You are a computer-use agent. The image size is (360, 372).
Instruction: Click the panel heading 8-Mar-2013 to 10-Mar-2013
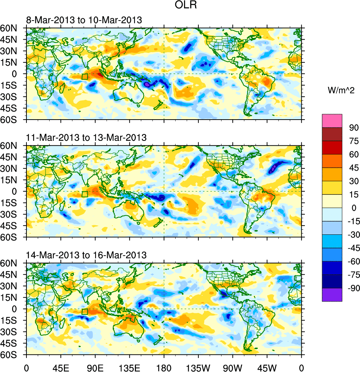point(84,20)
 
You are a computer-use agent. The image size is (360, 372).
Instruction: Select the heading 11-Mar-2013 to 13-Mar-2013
point(86,138)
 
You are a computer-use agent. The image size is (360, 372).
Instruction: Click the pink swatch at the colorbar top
point(332,121)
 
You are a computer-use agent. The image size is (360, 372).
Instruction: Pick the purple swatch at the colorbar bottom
point(332,295)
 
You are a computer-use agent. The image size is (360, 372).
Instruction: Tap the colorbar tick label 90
point(353,128)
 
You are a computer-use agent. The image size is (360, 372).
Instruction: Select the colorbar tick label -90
point(352,288)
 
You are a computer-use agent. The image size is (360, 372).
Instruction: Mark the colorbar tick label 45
point(353,168)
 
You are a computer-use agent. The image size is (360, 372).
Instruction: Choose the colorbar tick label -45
point(352,248)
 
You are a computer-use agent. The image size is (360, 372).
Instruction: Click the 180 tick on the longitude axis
point(164,367)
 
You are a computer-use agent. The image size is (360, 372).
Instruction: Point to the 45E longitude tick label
point(61,367)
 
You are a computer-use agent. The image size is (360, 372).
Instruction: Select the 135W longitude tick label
point(198,367)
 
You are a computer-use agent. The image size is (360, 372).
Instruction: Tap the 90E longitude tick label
point(95,367)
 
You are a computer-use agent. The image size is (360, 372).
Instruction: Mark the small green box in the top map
point(85,77)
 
